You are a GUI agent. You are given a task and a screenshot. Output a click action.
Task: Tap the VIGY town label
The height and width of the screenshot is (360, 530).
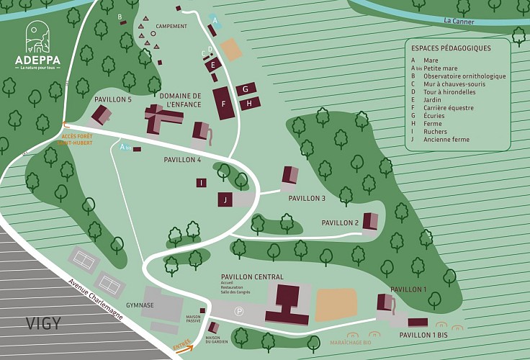click(43, 323)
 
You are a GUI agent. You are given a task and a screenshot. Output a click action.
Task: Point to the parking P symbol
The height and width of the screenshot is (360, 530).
click(239, 311)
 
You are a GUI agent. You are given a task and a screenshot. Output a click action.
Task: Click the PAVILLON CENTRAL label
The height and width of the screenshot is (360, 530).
click(252, 276)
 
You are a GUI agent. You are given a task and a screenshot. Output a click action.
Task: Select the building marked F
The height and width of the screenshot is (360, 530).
click(223, 104)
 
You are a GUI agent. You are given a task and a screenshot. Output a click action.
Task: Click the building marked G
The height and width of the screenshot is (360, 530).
click(246, 89)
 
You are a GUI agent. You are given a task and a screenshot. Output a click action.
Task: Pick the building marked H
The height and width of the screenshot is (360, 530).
click(249, 104)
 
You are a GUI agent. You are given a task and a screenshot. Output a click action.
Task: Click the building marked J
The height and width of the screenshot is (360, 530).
click(225, 199)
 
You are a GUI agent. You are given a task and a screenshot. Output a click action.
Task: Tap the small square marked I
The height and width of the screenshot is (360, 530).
click(201, 183)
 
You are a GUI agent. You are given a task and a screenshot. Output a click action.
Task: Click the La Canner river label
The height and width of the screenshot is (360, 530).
click(459, 21)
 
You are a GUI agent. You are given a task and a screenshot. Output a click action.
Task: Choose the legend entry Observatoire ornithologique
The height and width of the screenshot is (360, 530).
click(464, 76)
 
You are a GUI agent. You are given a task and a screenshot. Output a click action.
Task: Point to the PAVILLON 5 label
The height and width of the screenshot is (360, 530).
click(113, 99)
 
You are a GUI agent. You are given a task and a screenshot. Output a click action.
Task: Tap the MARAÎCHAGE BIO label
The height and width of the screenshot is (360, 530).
click(350, 343)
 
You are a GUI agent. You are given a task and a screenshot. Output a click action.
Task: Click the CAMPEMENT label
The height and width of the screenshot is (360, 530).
click(171, 27)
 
